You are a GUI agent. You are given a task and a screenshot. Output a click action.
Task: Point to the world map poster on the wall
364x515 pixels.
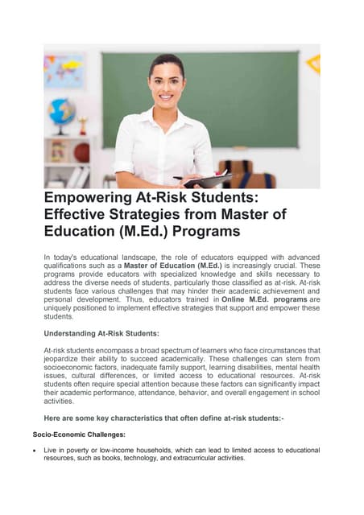[64, 71]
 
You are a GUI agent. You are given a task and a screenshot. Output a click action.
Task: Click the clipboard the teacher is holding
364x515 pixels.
[195, 179]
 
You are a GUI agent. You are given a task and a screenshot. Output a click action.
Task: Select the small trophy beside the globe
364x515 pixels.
[82, 125]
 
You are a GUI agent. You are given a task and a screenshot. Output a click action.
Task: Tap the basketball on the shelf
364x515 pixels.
[81, 152]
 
